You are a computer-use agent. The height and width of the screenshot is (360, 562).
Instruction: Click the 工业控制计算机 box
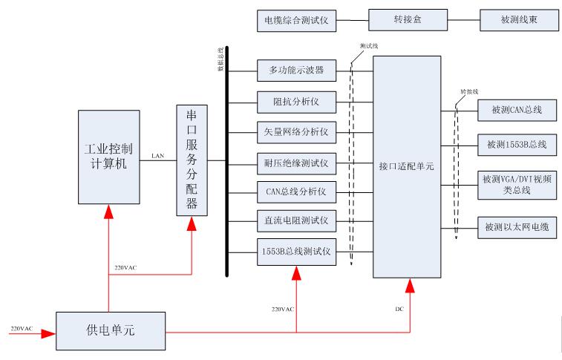108,157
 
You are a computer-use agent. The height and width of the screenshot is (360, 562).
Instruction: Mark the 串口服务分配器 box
192,160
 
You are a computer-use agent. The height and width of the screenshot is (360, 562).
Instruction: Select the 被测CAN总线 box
517,111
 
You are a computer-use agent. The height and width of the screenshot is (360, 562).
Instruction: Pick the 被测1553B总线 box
517,144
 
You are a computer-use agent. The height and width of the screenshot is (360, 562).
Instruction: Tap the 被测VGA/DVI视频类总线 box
517,185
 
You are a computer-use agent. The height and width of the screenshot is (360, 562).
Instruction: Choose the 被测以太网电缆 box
517,226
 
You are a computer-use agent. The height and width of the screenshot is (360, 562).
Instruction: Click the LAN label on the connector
157,156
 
